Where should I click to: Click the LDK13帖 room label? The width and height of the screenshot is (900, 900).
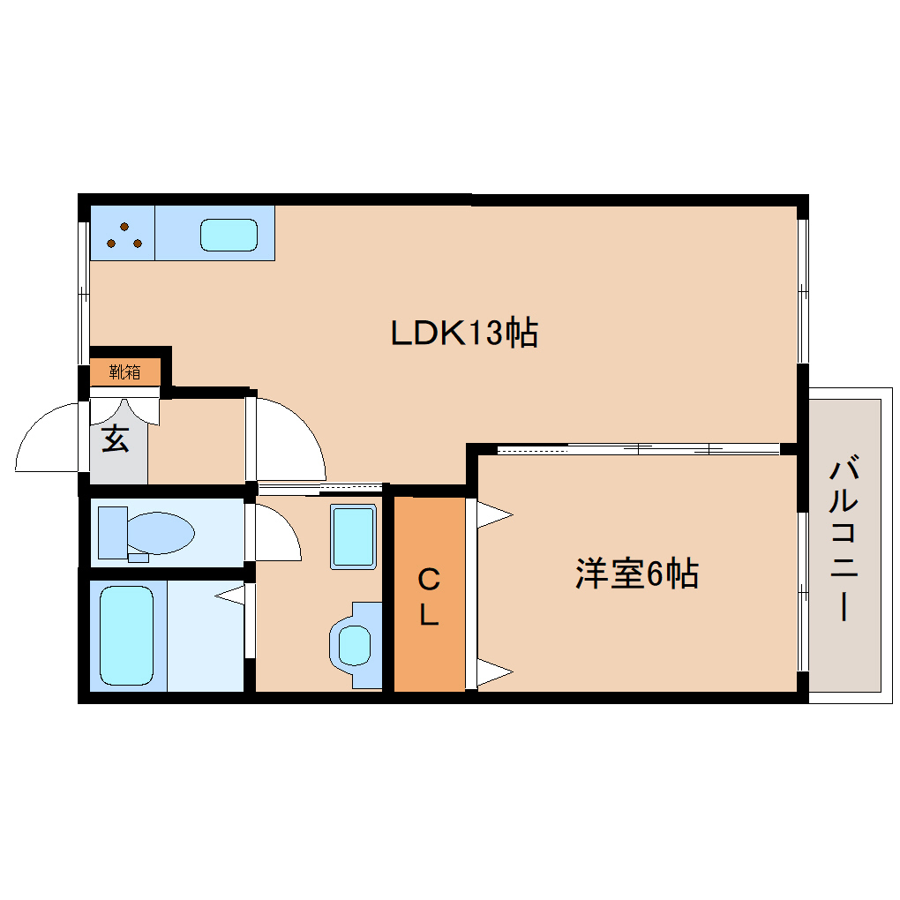point(464,333)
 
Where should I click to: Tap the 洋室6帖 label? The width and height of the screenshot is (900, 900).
point(637,573)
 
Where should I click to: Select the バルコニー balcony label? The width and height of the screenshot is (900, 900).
point(844,537)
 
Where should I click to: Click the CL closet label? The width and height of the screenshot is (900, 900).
point(429,597)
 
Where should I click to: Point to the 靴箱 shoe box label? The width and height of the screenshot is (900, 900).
point(124,372)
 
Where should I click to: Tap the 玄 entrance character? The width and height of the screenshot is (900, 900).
point(116,439)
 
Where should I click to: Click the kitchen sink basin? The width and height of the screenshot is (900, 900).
point(229,235)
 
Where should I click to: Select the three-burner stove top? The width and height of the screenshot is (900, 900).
point(123,233)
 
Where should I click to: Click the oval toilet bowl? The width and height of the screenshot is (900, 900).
point(161,533)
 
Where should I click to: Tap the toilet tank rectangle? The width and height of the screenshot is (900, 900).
point(113,533)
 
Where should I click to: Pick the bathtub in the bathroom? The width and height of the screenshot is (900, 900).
point(127,635)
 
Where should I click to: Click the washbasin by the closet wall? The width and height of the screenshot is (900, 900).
point(355,645)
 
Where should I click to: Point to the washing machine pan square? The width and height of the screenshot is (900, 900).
point(354,536)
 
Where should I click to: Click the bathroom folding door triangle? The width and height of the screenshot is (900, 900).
point(230,595)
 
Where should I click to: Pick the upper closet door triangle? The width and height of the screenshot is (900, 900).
point(494,515)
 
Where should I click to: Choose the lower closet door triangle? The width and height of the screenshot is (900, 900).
point(494,671)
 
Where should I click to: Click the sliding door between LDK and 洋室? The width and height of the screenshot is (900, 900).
point(638,449)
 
